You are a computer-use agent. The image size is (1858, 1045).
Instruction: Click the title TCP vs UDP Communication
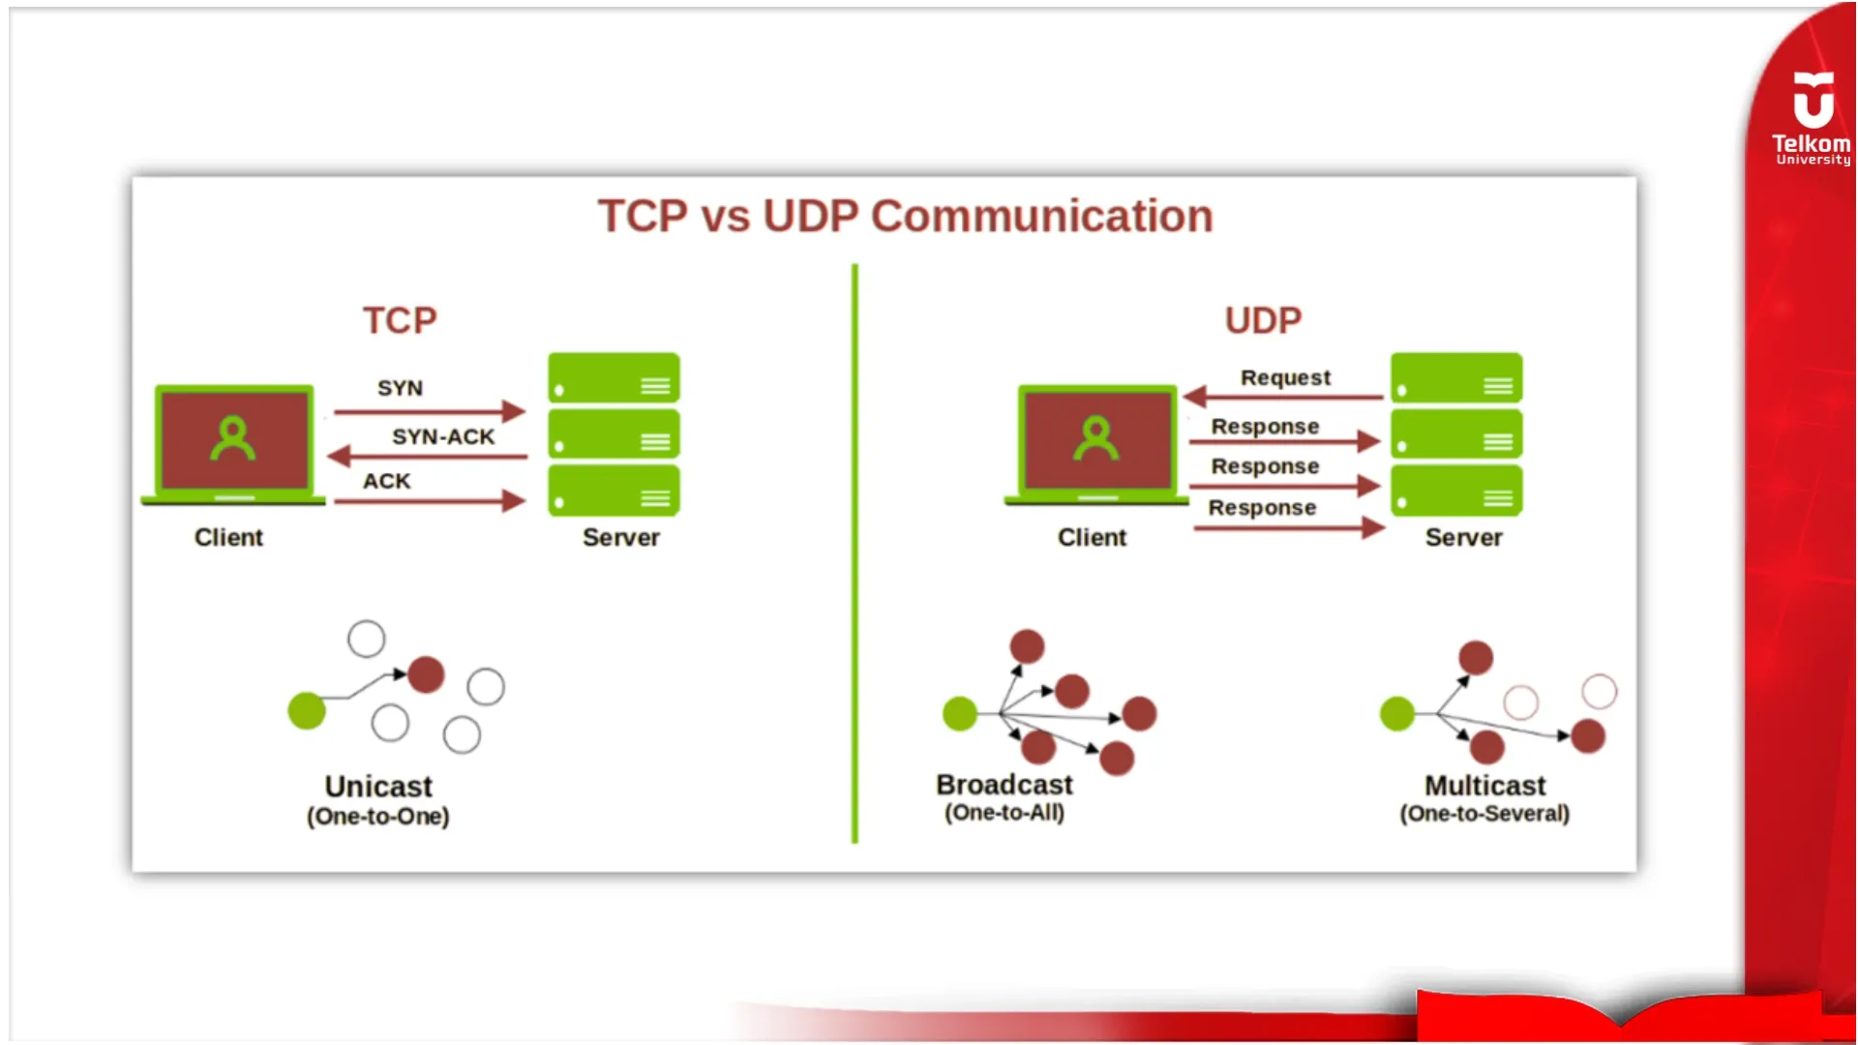(x=905, y=216)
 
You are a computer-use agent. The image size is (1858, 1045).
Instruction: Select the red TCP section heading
(x=400, y=320)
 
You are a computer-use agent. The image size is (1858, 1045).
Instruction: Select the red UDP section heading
(x=1263, y=320)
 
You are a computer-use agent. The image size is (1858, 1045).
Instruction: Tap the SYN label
(x=400, y=388)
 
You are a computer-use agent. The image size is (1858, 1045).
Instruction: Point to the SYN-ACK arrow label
(x=443, y=436)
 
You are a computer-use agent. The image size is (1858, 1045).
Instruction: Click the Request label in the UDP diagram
(x=1285, y=377)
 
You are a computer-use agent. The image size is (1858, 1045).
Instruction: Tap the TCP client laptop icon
(x=233, y=443)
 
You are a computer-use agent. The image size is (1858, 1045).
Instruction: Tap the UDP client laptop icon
(x=1096, y=443)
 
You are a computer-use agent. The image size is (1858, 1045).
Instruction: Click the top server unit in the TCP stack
(x=614, y=378)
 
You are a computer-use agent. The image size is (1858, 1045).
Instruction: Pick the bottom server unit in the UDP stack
(x=1456, y=491)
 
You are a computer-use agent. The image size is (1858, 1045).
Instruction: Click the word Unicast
(x=378, y=786)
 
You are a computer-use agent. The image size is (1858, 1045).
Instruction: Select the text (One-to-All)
(x=1004, y=813)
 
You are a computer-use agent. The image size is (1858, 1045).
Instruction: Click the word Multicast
(x=1484, y=785)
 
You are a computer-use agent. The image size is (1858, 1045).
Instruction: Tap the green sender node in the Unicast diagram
(x=307, y=710)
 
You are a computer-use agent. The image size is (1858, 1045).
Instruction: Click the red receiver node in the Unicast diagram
(x=426, y=674)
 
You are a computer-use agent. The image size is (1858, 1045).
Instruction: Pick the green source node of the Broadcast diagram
(x=960, y=714)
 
